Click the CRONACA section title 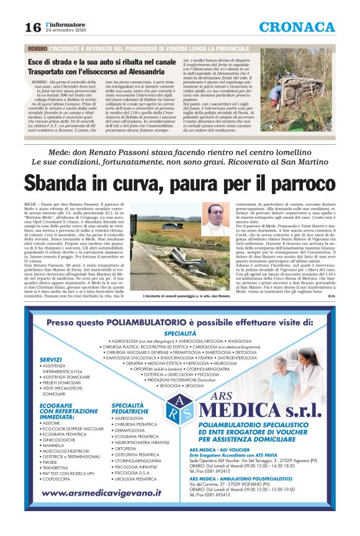(298, 26)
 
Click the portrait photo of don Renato (215, 219)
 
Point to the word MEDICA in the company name (239, 411)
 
